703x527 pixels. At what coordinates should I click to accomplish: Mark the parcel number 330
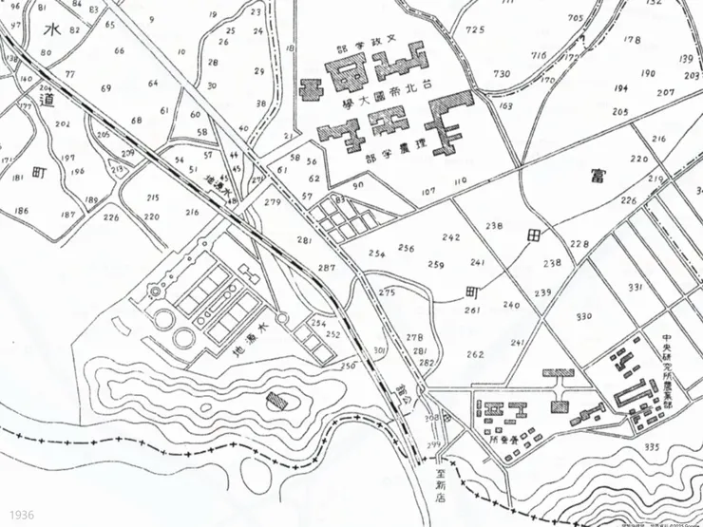pyautogui.click(x=583, y=316)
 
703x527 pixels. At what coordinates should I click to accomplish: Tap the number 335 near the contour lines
pyautogui.click(x=651, y=446)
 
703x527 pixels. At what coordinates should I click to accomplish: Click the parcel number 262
pyautogui.click(x=475, y=354)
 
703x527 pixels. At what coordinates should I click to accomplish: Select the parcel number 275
pyautogui.click(x=386, y=293)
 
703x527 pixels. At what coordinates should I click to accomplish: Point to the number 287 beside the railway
pyautogui.click(x=327, y=269)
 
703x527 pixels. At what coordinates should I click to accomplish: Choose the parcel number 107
pyautogui.click(x=428, y=191)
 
